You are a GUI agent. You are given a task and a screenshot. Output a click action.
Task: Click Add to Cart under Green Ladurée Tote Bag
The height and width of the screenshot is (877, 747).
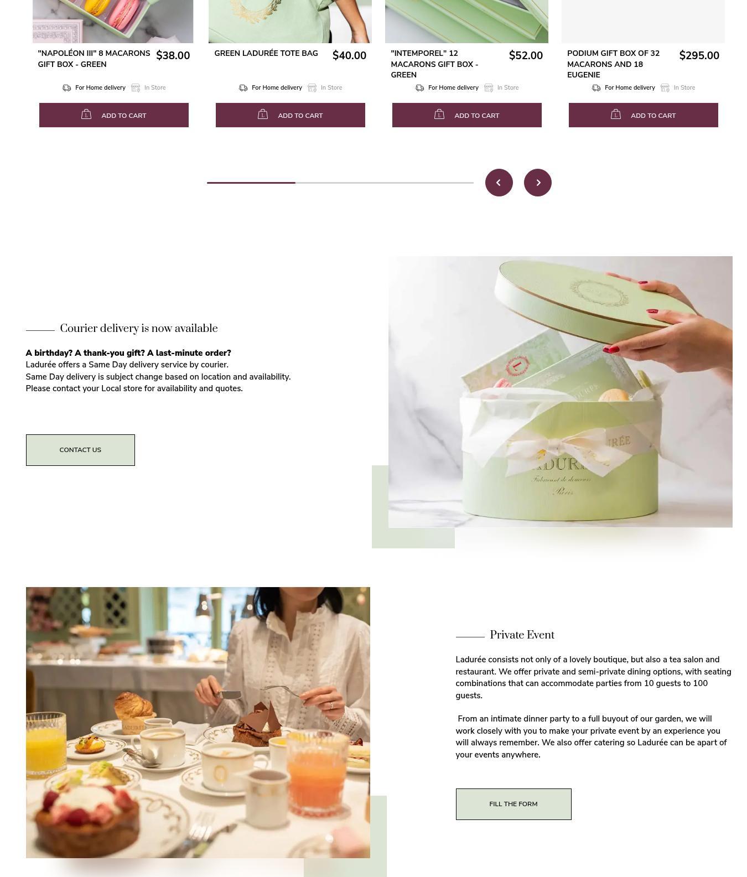coord(290,115)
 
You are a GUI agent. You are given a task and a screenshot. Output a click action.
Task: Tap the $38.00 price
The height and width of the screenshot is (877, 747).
coord(173,56)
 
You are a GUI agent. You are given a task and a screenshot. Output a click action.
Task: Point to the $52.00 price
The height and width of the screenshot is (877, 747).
coord(526,56)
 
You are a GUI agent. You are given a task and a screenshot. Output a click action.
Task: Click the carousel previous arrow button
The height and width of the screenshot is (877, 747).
coord(499,183)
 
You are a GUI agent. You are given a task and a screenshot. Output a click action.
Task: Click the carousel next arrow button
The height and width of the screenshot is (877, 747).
coord(538,183)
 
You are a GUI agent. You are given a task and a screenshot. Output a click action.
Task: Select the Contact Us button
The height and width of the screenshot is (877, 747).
coord(80,450)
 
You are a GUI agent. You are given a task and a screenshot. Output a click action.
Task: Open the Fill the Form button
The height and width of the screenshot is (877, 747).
coord(513,804)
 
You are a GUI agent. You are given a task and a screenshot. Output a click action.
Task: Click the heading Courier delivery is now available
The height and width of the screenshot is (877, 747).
coord(139,329)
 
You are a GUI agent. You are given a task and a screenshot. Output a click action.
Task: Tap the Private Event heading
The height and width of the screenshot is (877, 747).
coord(522,635)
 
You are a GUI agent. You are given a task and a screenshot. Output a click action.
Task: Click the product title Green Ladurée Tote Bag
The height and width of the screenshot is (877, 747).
coord(266,54)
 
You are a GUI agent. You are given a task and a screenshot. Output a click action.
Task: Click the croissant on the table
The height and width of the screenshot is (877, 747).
coord(134,705)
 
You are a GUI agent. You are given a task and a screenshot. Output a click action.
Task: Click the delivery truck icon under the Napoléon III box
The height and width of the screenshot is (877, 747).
coord(67,88)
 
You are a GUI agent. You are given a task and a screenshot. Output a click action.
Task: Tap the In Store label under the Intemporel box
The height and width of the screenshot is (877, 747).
coord(508,88)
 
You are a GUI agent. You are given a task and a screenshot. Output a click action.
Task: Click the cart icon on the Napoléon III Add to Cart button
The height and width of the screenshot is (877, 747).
coord(86,115)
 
